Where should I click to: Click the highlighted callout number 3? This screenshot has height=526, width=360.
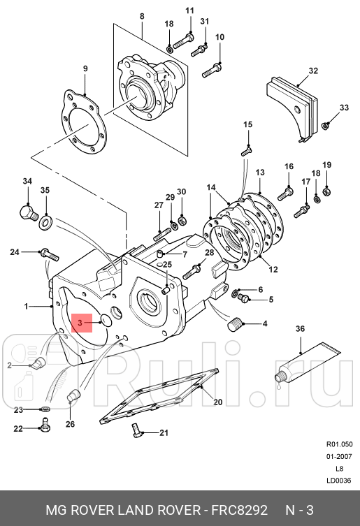tap(80, 323)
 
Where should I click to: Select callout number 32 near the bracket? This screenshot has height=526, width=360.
tap(313, 71)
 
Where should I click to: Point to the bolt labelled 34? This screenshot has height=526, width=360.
tap(27, 210)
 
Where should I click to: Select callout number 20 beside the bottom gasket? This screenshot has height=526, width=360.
tap(217, 402)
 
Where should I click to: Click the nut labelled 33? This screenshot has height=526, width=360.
tap(326, 126)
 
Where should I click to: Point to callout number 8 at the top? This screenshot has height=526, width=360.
tap(142, 16)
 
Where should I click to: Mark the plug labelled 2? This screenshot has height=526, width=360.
tap(38, 362)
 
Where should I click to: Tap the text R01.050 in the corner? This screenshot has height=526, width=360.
tap(339, 444)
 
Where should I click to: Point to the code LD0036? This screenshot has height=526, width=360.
tap(339, 480)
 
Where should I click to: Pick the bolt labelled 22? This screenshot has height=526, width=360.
tap(44, 423)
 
